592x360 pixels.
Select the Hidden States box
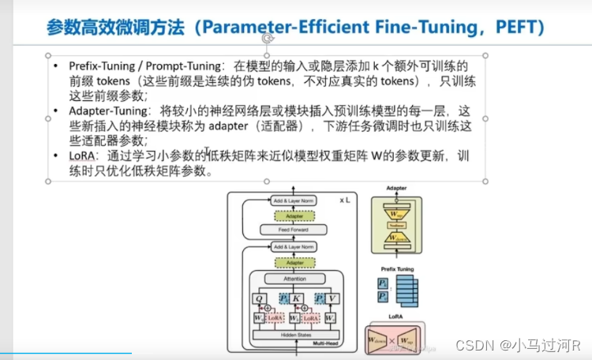click(294, 335)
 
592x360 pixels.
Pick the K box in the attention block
click(296, 298)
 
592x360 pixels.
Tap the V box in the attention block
click(332, 298)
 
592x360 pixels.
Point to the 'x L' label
click(345, 201)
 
